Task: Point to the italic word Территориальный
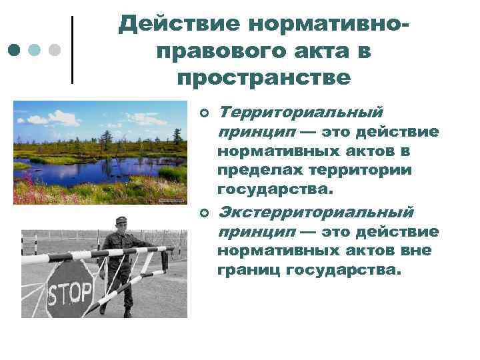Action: click(301, 111)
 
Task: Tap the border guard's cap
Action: click(121, 219)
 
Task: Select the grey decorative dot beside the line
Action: click(56, 50)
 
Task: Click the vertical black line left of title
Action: click(72, 49)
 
